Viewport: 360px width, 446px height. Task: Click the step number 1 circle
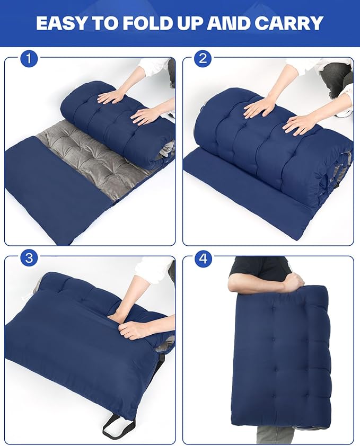coord(29,59)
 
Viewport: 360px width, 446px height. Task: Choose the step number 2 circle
coord(203,59)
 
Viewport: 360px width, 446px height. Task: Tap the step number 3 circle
coord(29,258)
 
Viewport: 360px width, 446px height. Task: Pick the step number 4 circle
coord(203,258)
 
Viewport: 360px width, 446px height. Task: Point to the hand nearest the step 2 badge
coord(259,108)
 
